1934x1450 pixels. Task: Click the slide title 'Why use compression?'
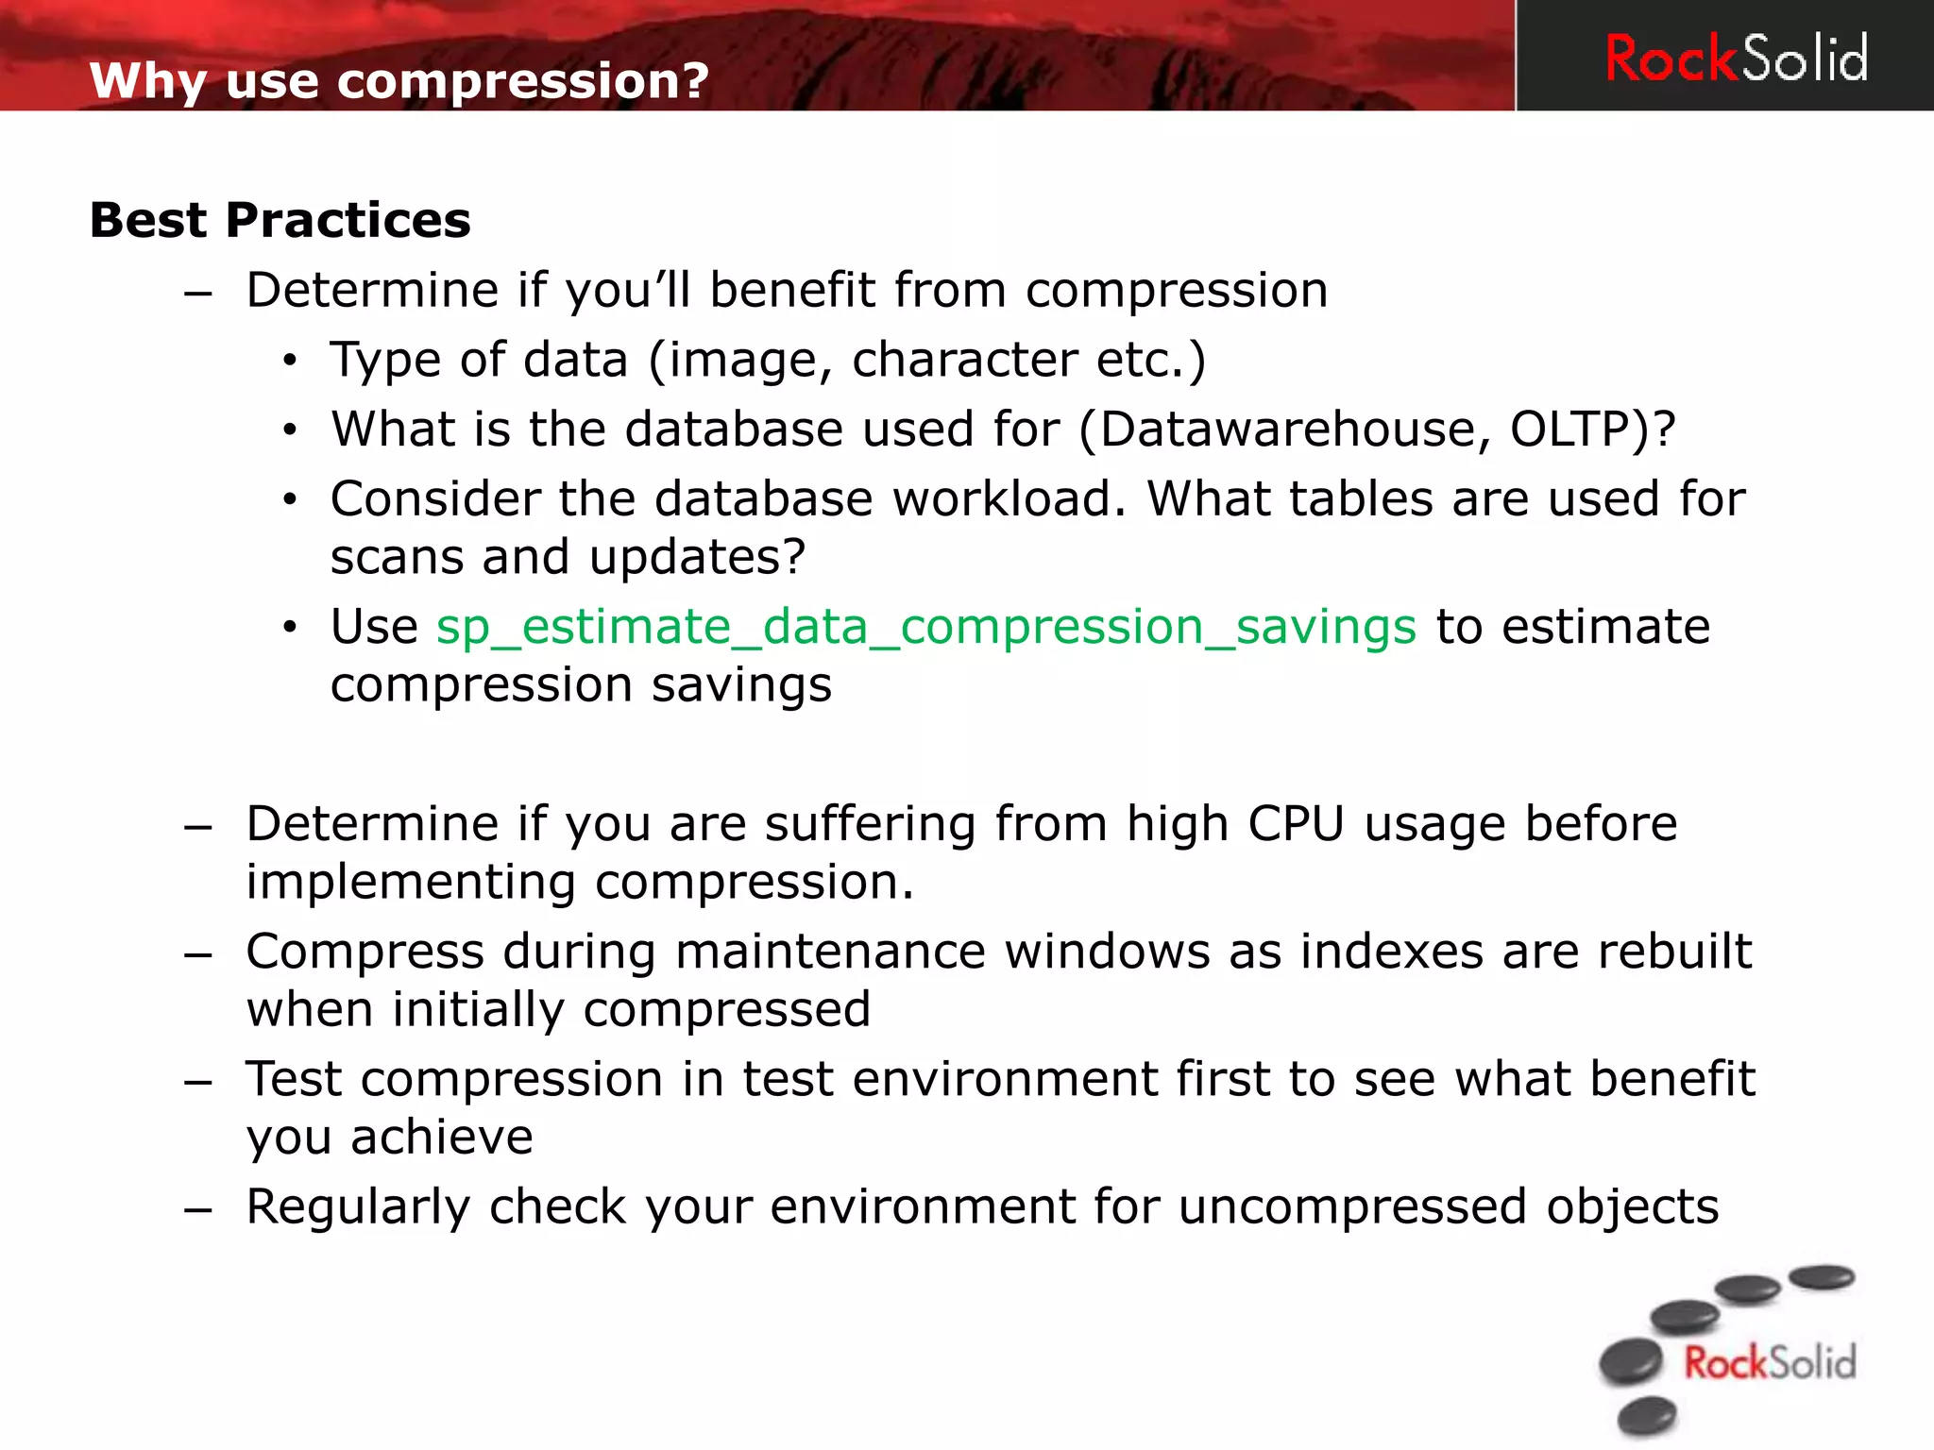[399, 80]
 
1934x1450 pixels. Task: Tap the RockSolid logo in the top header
[1736, 59]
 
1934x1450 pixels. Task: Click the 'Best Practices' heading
[280, 220]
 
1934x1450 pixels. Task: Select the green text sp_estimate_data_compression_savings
[925, 627]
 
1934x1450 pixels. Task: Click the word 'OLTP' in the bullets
[1571, 430]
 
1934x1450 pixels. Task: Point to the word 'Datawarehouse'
[1286, 430]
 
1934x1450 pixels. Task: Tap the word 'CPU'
[1296, 823]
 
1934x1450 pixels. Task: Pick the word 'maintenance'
[830, 952]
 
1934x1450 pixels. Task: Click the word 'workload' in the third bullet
[1001, 498]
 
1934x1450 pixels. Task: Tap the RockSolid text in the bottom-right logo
[1770, 1363]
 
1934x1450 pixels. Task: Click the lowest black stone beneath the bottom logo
[1647, 1416]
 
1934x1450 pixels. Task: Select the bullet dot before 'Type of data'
[290, 361]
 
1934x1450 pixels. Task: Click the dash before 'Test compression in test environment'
[198, 1081]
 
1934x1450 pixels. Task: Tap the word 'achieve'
[441, 1138]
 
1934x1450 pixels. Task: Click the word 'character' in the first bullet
[964, 361]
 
